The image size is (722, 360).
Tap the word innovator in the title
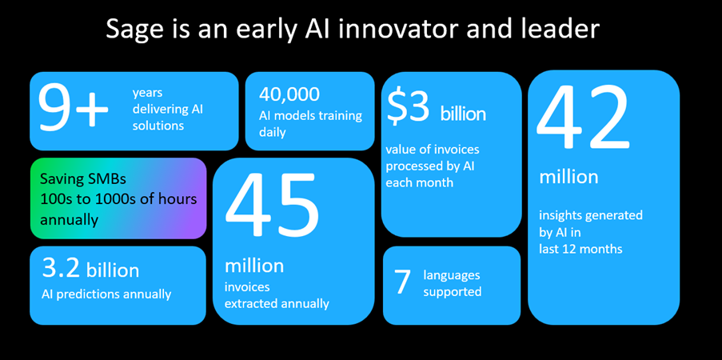[x=384, y=29]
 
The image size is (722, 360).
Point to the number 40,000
[x=289, y=94]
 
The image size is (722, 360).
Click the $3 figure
[x=408, y=108]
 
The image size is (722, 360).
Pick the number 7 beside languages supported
[x=402, y=282]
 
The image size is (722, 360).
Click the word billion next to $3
[x=463, y=114]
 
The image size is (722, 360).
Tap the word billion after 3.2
[x=113, y=270]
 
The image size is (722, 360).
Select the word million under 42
[x=568, y=177]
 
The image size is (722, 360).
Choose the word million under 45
[x=254, y=266]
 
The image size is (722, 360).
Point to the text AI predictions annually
[x=106, y=294]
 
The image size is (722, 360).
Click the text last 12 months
[x=580, y=250]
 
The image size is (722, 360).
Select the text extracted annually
[x=277, y=304]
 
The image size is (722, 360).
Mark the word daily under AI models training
[x=273, y=133]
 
